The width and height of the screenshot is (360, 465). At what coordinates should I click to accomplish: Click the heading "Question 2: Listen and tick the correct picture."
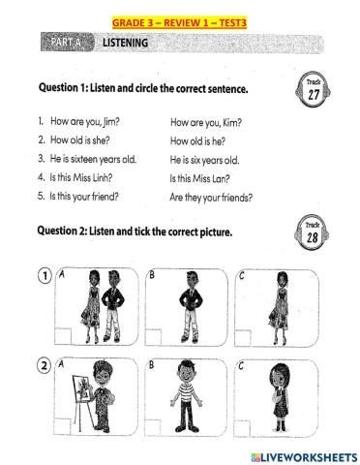(159, 230)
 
